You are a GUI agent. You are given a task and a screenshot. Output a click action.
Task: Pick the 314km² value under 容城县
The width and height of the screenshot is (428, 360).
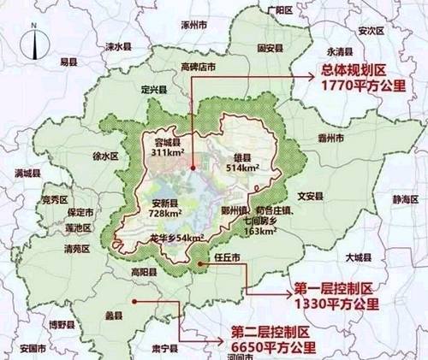tap(169, 154)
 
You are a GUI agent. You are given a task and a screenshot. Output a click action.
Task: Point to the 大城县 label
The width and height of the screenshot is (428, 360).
tap(354, 257)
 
